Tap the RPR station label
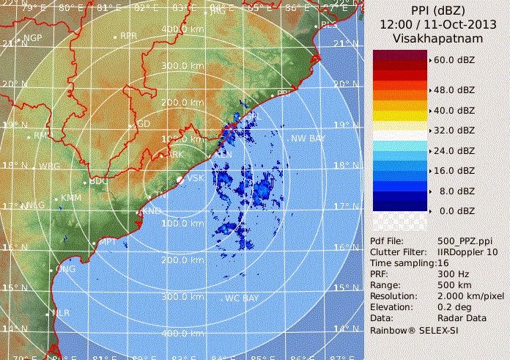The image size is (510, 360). pos(129,35)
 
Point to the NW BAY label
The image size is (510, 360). pos(308,139)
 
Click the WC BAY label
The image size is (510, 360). pos(242,298)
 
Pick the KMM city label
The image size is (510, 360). pos(71,198)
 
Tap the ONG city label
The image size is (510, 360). pos(67,269)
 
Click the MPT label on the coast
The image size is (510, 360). pos(108,241)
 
